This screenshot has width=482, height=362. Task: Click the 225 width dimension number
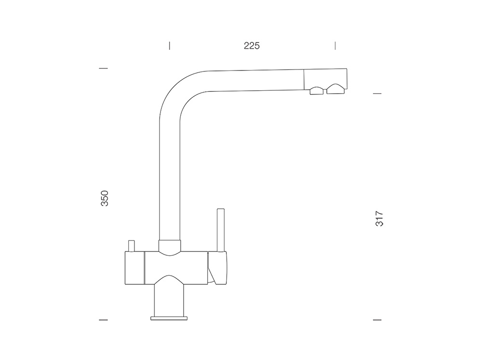pyautogui.click(x=252, y=46)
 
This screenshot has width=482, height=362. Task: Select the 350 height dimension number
pyautogui.click(x=105, y=198)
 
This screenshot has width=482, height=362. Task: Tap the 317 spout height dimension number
pyautogui.click(x=380, y=219)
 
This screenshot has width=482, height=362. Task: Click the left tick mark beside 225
pyautogui.click(x=169, y=45)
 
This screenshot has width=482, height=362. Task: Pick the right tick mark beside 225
pyautogui.click(x=335, y=45)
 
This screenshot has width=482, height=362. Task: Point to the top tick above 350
pyautogui.click(x=103, y=69)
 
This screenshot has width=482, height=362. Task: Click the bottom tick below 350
pyautogui.click(x=103, y=320)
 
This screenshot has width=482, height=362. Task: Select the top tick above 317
pyautogui.click(x=377, y=93)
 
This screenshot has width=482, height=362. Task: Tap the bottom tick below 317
pyautogui.click(x=377, y=320)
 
